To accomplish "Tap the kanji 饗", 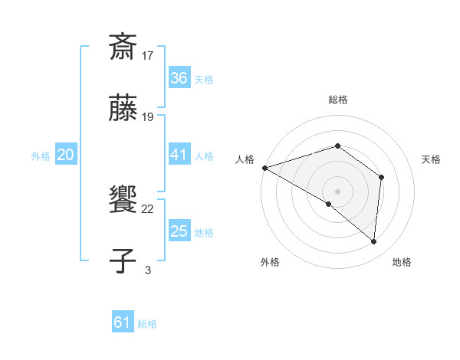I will pyautogui.click(x=123, y=200).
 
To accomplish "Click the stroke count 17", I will pyautogui.click(x=148, y=56).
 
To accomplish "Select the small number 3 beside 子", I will pyautogui.click(x=148, y=270).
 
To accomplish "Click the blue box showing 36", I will pyautogui.click(x=179, y=78).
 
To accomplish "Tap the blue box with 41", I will pyautogui.click(x=179, y=155).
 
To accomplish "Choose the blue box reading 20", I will pyautogui.click(x=65, y=155).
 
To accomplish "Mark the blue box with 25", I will pyautogui.click(x=179, y=231).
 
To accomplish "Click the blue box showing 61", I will pyautogui.click(x=123, y=322).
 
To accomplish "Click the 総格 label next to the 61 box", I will pyautogui.click(x=147, y=324).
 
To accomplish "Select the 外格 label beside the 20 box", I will pyautogui.click(x=41, y=156).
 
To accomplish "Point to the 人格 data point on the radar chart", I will pyautogui.click(x=264, y=168).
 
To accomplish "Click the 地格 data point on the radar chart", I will pyautogui.click(x=374, y=241).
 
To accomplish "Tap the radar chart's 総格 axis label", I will pyautogui.click(x=337, y=100).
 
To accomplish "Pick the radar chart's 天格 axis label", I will pyautogui.click(x=432, y=159).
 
